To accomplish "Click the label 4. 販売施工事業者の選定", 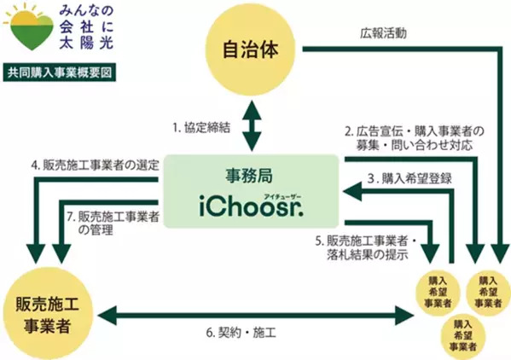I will click(96, 164).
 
